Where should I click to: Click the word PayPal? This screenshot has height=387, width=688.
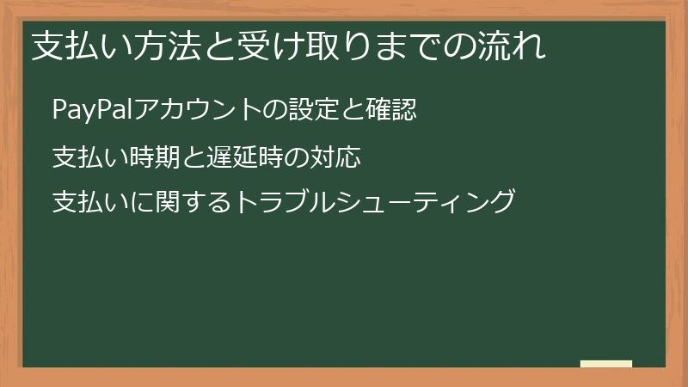pyautogui.click(x=84, y=111)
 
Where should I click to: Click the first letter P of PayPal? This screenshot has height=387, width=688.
pyautogui.click(x=58, y=111)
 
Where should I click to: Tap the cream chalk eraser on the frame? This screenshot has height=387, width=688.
pyautogui.click(x=605, y=364)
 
